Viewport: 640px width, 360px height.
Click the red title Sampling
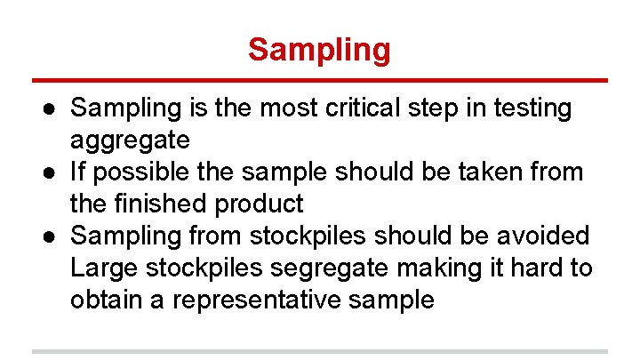coord(319,50)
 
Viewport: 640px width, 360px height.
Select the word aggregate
coord(130,140)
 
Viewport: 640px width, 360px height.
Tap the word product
coord(259,204)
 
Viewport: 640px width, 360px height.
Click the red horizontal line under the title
coord(319,80)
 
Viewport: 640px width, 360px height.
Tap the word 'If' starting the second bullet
coord(79,172)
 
